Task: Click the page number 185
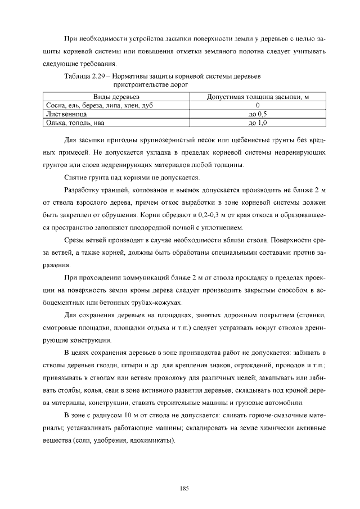tap(183, 488)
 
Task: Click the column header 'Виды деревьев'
tap(116, 97)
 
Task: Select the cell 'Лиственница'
tap(62, 114)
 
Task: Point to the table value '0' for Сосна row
tap(257, 105)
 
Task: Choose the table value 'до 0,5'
tap(257, 114)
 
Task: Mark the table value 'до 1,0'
tap(257, 122)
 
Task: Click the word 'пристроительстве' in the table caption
tap(141, 84)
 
